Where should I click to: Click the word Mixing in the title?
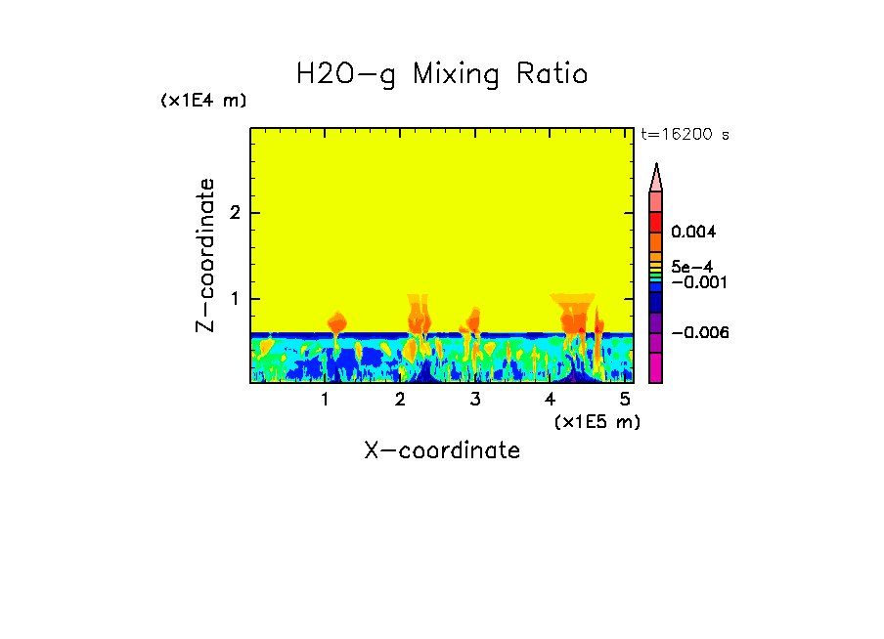[x=454, y=75]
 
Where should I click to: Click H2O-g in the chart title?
[x=346, y=75]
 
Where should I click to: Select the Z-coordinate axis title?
[x=205, y=255]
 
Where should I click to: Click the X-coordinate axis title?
[x=442, y=450]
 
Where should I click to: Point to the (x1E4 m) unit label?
[x=203, y=101]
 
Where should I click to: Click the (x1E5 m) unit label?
[x=597, y=421]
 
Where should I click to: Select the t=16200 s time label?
[x=685, y=135]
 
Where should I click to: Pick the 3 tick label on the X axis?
[x=475, y=400]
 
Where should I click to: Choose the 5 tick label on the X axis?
[x=625, y=400]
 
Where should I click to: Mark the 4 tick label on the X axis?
[x=551, y=400]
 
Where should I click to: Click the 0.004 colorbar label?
[x=695, y=233]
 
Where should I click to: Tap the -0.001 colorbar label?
[x=695, y=282]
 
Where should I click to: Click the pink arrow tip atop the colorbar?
[x=656, y=177]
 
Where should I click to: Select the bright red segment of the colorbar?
[x=656, y=221]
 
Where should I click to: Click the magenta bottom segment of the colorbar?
[x=656, y=367]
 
